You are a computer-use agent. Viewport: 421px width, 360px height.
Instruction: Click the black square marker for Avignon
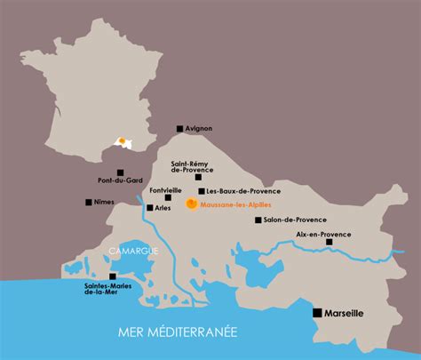pos(179,129)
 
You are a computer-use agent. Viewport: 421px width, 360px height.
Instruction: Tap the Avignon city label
pos(200,129)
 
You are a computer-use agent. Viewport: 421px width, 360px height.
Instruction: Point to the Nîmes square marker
pos(89,203)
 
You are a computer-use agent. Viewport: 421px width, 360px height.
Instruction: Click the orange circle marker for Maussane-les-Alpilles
pos(191,204)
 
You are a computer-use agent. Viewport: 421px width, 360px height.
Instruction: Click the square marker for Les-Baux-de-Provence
pos(203,191)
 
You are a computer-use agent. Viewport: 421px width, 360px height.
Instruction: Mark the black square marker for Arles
pos(147,207)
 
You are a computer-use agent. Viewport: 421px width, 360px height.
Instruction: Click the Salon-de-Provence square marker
pos(258,220)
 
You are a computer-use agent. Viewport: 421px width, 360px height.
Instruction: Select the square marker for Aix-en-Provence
pos(330,242)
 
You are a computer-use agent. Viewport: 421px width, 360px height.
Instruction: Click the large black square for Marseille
pos(316,313)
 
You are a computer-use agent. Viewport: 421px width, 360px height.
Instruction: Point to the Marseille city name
pos(349,314)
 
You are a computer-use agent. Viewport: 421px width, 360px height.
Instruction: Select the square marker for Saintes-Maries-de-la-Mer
pos(112,276)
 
